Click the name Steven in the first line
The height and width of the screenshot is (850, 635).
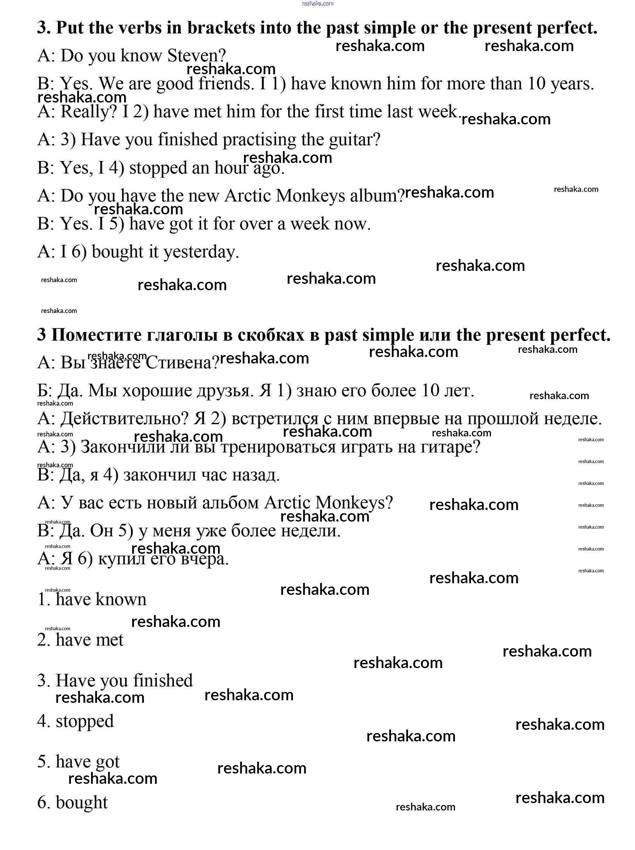[196, 56]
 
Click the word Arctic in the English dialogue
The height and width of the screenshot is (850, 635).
[247, 196]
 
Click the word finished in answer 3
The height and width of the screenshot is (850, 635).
[163, 681]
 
